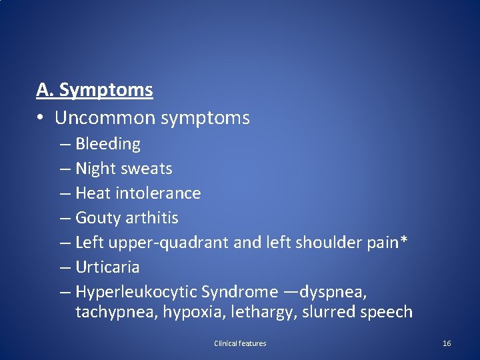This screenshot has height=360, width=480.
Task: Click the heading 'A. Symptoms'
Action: (95, 89)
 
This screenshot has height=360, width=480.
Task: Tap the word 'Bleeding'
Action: (108, 143)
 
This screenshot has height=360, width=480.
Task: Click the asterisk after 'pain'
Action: (404, 241)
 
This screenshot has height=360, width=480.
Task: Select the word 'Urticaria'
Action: (107, 267)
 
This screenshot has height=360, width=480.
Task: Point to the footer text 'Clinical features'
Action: (240, 343)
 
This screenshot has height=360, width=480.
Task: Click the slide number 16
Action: (447, 343)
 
